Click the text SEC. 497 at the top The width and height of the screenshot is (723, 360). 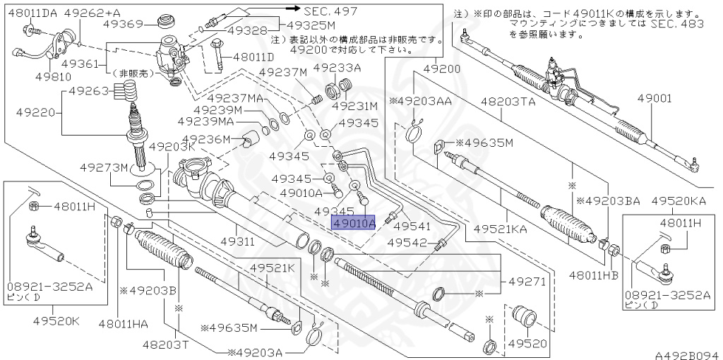(330, 11)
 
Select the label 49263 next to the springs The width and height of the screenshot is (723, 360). (88, 91)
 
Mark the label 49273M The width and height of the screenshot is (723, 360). (103, 168)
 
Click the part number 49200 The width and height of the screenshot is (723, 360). (443, 68)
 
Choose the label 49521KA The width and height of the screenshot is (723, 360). (501, 229)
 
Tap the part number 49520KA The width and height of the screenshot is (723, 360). (679, 201)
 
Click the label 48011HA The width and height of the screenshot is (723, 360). (124, 323)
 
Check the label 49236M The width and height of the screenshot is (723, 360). (207, 140)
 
